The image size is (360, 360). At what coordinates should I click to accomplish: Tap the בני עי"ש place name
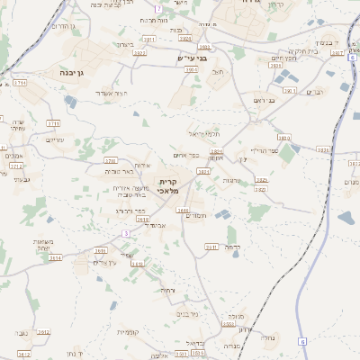[193, 58]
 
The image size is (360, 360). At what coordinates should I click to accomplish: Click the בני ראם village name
[264, 101]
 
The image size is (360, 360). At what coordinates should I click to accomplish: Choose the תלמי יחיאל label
[202, 133]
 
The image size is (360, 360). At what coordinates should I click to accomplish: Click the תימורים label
[195, 215]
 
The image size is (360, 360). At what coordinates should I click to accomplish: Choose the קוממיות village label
[127, 332]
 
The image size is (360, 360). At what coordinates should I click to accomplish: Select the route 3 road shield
[127, 233]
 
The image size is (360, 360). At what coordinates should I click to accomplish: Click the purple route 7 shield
[159, 8]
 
